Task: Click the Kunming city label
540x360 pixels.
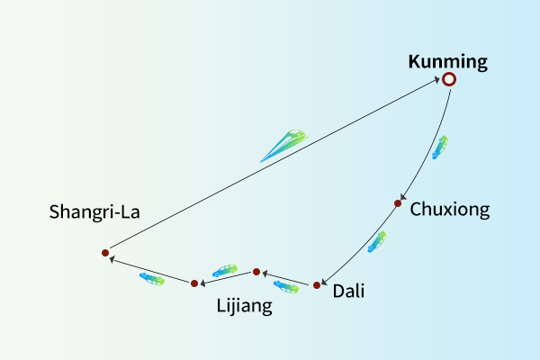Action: coord(447,62)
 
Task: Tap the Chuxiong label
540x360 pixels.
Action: coord(450,210)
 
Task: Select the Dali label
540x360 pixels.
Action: coord(348,291)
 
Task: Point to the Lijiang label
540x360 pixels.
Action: coord(244,306)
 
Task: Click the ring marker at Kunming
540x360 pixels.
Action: coord(449,79)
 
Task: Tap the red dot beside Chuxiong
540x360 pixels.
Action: coord(397,203)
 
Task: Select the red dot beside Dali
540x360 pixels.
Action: coord(317,286)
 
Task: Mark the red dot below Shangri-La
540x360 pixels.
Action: coord(105,253)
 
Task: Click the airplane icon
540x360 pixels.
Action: coord(284,145)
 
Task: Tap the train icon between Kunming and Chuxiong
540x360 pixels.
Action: coord(440,148)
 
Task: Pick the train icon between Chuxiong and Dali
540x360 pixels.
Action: coord(377,241)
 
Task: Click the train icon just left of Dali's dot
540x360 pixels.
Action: coord(286,287)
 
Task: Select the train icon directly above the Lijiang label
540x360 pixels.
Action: coord(224,270)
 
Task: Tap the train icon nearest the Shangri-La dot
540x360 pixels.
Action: coord(152,279)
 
